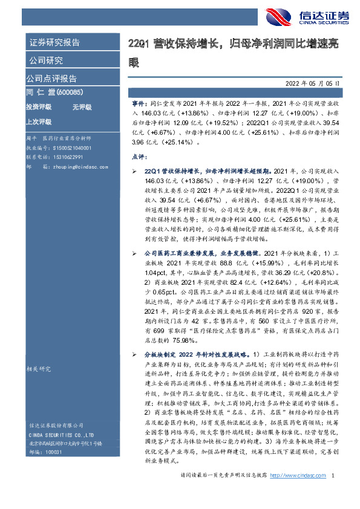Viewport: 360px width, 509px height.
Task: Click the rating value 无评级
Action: (81, 106)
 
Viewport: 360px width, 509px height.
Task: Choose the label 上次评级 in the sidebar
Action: (38, 121)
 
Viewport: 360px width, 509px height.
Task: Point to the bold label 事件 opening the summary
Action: (139, 103)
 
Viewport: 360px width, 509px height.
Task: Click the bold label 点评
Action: (139, 156)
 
